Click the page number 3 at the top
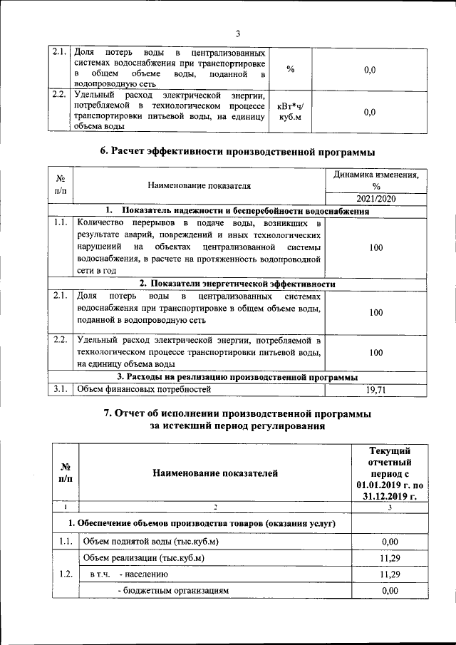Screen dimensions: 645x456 237,33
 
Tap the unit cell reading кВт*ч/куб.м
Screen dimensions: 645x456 290,112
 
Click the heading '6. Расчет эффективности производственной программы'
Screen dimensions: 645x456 237,151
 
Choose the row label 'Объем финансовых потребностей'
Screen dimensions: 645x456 145,389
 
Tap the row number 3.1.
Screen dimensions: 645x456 60,389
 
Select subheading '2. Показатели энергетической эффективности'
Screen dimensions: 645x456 237,284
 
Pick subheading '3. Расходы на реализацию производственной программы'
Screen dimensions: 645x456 237,377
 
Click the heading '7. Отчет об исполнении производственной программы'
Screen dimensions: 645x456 237,414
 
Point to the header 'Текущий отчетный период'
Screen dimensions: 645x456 389,473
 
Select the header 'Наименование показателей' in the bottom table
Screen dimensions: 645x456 214,473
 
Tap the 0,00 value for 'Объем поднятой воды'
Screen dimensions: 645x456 389,541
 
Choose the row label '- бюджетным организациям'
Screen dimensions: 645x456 174,591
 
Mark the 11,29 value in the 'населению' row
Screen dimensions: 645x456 389,574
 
